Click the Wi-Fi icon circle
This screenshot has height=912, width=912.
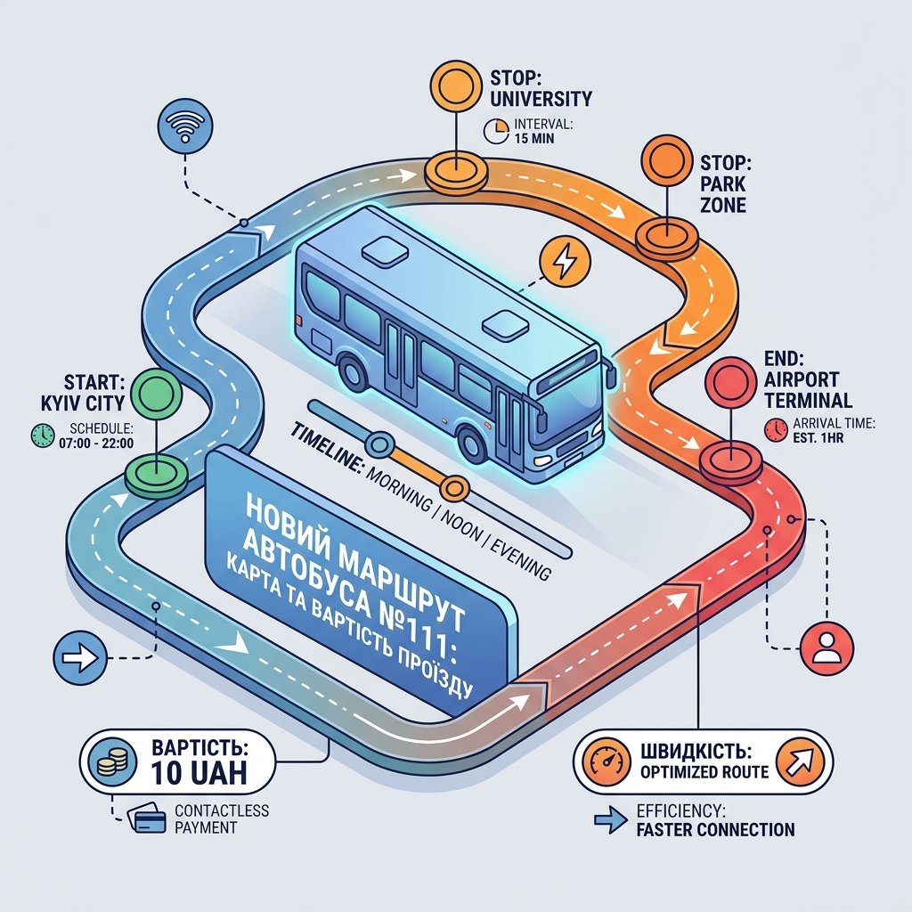[x=185, y=127]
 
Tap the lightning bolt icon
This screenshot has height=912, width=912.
[x=565, y=263]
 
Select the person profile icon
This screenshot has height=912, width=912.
[x=827, y=648]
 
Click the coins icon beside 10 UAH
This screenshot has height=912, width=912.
[x=110, y=761]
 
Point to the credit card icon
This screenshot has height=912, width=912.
[x=149, y=818]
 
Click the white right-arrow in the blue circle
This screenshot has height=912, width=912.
[x=80, y=658]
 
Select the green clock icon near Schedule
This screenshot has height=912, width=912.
[x=43, y=436]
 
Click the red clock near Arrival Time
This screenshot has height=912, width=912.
[x=776, y=430]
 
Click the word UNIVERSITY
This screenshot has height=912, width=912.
[x=541, y=98]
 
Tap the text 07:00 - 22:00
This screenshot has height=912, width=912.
[x=96, y=444]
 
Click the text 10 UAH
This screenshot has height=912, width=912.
[x=199, y=772]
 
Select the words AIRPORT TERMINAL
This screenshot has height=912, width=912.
[x=808, y=390]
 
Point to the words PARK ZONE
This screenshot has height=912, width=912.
[x=723, y=194]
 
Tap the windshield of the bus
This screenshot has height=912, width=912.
[x=570, y=401]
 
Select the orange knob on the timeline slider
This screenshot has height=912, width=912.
[x=455, y=487]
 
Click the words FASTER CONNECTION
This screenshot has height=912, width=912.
[x=715, y=829]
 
